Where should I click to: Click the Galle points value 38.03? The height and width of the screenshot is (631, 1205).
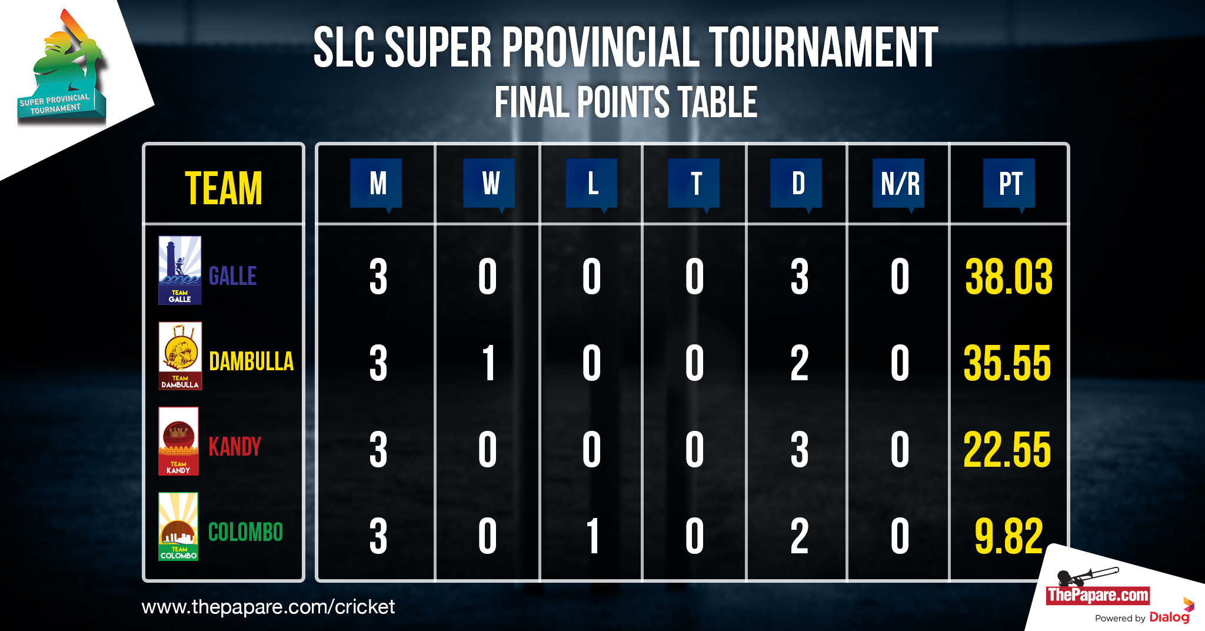click(1008, 276)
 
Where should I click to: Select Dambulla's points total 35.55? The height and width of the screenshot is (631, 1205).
click(1007, 363)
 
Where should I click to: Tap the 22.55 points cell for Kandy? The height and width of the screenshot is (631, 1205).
click(1007, 450)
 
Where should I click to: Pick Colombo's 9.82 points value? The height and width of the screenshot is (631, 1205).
click(1008, 536)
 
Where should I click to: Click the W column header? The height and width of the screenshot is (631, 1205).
click(490, 184)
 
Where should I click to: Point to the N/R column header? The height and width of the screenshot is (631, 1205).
click(899, 184)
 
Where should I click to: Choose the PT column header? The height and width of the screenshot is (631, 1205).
click(1010, 184)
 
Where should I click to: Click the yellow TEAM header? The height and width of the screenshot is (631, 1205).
click(224, 188)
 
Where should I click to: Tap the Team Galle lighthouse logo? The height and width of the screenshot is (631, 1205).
click(180, 270)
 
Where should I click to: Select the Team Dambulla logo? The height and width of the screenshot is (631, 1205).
click(180, 356)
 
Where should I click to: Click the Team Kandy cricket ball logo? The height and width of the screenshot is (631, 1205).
click(178, 441)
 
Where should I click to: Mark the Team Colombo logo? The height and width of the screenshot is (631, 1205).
click(178, 526)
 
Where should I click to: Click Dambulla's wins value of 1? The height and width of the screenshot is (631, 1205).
click(488, 363)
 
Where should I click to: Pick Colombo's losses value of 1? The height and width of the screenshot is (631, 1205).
click(592, 536)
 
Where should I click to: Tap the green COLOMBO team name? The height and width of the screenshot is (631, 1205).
click(246, 532)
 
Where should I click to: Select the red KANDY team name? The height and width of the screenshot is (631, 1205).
click(235, 447)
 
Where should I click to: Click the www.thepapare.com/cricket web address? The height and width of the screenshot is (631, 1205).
click(268, 607)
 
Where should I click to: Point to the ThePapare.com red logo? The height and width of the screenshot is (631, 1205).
click(1098, 595)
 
